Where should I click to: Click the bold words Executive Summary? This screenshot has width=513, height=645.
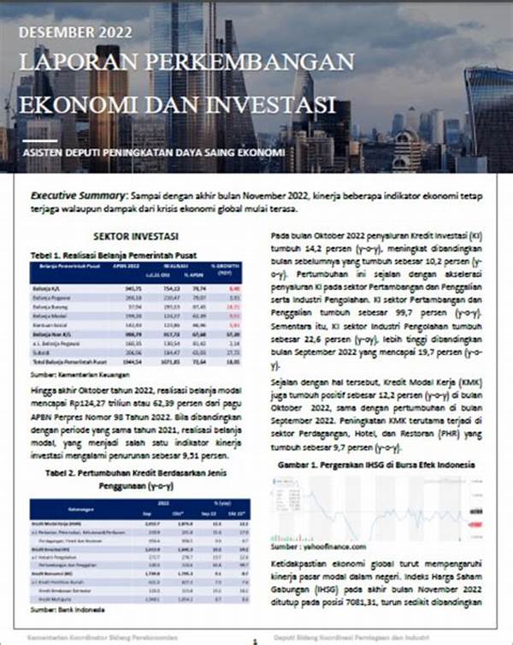pos(80,195)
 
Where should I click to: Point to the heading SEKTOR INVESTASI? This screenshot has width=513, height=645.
pos(135,235)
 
